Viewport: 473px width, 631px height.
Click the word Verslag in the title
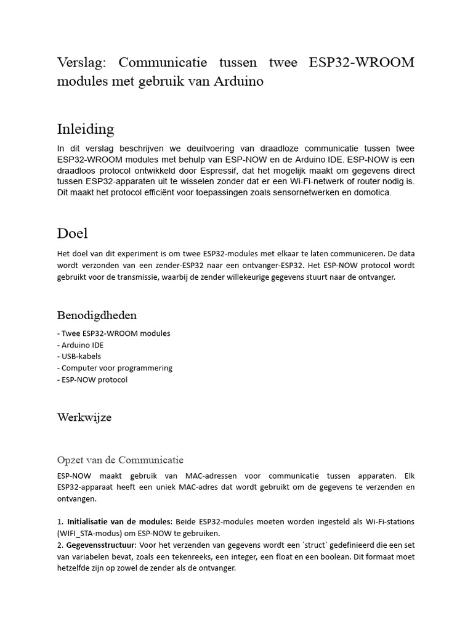tap(81, 63)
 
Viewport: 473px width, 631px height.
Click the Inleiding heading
tap(86, 129)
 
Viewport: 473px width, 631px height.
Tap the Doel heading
tap(73, 233)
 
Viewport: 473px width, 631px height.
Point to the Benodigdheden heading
tap(97, 315)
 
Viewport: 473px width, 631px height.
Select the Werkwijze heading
tap(84, 417)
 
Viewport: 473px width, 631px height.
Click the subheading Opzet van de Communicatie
tap(120, 460)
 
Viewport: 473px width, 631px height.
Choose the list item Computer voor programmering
tap(116, 368)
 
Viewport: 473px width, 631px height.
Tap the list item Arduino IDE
tap(81, 345)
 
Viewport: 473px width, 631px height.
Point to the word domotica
tap(371, 193)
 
